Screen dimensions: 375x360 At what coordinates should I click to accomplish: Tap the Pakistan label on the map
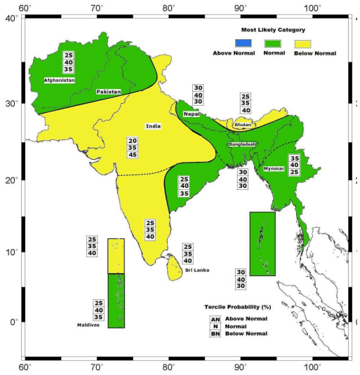pos(109,92)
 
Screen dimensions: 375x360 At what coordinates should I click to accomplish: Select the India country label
pos(153,126)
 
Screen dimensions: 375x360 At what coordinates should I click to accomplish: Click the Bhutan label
pos(244,125)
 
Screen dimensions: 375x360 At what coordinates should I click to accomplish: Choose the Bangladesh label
pos(242,144)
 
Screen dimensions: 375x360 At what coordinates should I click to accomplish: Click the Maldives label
pos(88,325)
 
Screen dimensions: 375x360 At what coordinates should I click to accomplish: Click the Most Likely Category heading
pos(267,30)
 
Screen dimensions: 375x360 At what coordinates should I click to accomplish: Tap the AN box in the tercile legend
pos(215,319)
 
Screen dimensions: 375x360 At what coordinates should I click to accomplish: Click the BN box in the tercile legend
pos(215,334)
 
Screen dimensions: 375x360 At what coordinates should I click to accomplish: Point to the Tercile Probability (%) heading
pos(237,308)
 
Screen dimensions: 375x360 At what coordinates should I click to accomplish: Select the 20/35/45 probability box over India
pos(132,148)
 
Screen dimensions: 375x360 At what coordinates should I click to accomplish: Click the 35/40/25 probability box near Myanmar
pos(295,165)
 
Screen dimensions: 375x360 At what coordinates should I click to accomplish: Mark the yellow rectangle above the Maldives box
pos(116,256)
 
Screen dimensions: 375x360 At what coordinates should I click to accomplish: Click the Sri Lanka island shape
pos(172,266)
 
